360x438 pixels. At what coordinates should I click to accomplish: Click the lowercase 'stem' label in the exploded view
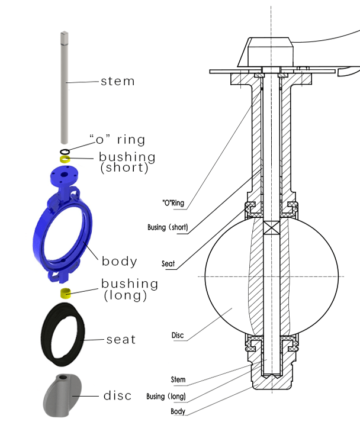(x=117, y=81)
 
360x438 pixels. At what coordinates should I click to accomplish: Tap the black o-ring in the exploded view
(x=65, y=152)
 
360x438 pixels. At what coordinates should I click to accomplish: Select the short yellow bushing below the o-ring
(x=65, y=159)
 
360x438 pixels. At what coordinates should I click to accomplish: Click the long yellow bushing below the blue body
(x=66, y=292)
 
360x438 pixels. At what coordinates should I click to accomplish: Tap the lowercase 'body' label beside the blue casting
(x=119, y=261)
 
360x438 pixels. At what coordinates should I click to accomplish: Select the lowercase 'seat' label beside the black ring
(x=121, y=340)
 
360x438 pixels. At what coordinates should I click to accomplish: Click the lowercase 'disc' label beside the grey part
(x=117, y=395)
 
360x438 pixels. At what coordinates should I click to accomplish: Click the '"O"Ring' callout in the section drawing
(x=173, y=204)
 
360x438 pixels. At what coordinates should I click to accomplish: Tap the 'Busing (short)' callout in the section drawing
(x=168, y=227)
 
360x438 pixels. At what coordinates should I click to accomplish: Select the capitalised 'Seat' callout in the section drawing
(x=168, y=263)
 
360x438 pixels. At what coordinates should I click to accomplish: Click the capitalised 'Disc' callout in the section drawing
(x=178, y=336)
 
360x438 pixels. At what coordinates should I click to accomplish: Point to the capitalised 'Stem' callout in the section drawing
(x=178, y=379)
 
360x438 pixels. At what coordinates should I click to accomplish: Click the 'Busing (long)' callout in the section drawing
(x=166, y=396)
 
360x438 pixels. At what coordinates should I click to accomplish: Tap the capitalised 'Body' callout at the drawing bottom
(x=178, y=411)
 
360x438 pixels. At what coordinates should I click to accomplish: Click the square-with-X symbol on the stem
(x=271, y=228)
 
